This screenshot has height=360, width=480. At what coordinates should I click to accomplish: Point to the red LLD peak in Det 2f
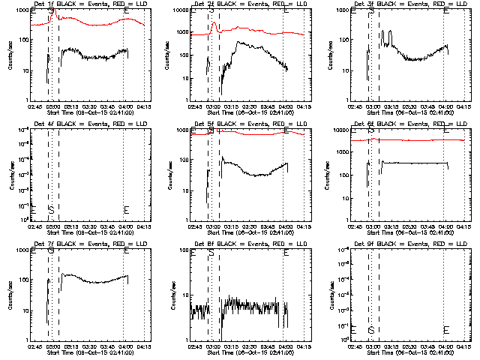click(214, 25)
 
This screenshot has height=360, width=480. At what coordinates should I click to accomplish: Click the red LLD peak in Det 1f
click(53, 9)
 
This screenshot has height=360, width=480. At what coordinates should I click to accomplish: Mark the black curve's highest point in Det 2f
click(240, 42)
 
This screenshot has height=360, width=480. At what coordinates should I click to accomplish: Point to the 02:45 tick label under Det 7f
click(34, 347)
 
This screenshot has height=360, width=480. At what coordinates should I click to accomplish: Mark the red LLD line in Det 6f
click(420, 140)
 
